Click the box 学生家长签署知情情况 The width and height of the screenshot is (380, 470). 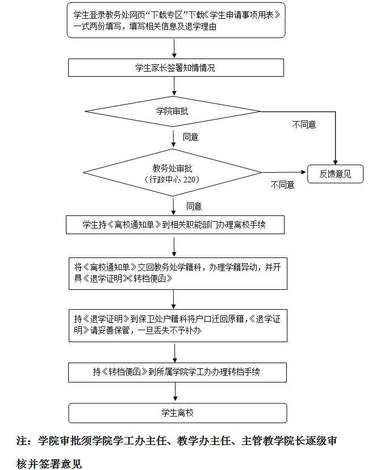click(x=175, y=68)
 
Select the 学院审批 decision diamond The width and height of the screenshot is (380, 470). click(x=172, y=111)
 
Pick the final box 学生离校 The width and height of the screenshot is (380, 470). click(x=177, y=413)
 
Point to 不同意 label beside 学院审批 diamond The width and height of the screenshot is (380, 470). click(x=304, y=124)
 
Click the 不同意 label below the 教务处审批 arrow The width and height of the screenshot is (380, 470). click(x=282, y=185)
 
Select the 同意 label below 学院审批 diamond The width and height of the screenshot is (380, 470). click(x=191, y=137)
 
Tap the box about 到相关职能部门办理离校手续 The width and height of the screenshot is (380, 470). click(x=175, y=224)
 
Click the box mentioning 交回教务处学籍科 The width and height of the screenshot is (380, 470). click(x=177, y=273)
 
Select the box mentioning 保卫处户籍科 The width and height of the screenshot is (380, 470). click(x=177, y=325)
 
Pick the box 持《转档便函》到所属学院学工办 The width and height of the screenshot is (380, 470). click(x=177, y=372)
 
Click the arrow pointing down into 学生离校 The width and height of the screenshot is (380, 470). click(x=175, y=398)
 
